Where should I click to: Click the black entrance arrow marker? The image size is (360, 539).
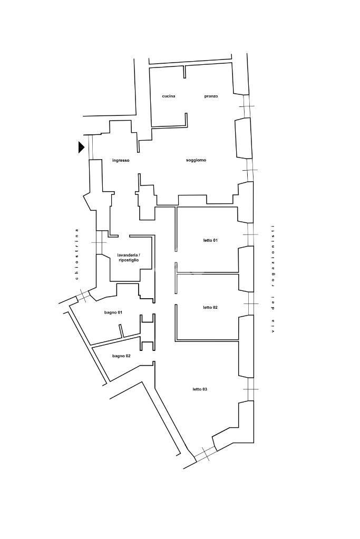81,148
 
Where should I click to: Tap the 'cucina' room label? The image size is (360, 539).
169,96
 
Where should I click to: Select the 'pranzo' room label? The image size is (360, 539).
211,96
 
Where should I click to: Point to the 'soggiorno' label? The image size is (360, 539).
196,160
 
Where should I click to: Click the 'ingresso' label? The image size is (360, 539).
121,160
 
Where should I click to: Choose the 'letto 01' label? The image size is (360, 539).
210,240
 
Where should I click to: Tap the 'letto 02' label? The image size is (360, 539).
210,307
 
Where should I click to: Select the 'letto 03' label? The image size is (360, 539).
200,389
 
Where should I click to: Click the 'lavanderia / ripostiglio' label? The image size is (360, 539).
129,258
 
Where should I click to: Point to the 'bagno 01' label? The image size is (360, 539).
113,312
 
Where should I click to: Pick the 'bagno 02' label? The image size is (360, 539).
121,356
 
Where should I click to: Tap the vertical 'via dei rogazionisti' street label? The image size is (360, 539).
273,279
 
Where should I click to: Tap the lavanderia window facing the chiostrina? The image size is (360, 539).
99,242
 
